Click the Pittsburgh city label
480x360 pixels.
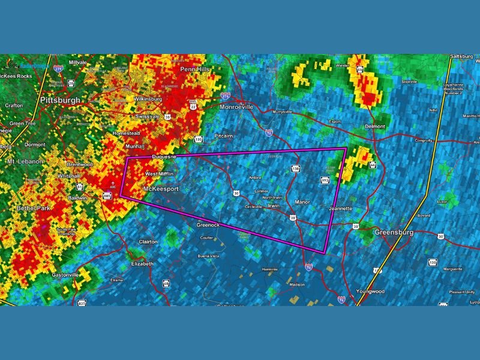[x=60, y=100]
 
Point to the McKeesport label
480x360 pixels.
[x=160, y=189]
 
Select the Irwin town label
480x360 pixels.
[x=274, y=206]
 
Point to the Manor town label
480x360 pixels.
[x=302, y=202]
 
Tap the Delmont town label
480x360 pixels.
[x=374, y=127]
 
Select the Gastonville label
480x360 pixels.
[x=65, y=275]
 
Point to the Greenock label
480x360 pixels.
[x=208, y=225]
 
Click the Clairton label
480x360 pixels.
[x=148, y=242]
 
